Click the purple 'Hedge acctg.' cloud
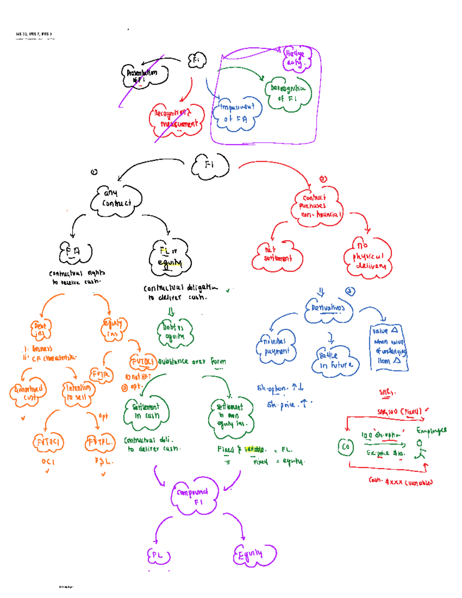click(x=296, y=59)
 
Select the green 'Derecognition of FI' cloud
click(x=288, y=94)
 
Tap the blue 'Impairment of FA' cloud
click(x=237, y=114)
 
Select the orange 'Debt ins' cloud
click(x=40, y=330)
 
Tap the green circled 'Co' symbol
click(x=345, y=447)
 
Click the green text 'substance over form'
click(x=192, y=362)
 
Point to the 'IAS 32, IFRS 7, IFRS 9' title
click(x=34, y=34)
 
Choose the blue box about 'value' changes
click(x=388, y=346)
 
